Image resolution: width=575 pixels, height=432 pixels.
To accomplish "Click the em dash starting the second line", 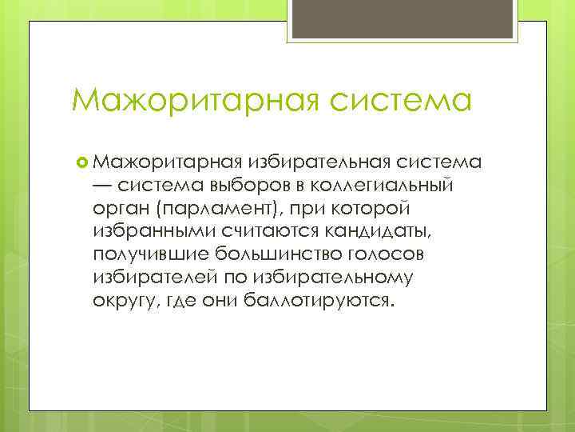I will click(102, 186).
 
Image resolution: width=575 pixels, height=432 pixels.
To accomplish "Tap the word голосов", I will click(375, 256).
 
